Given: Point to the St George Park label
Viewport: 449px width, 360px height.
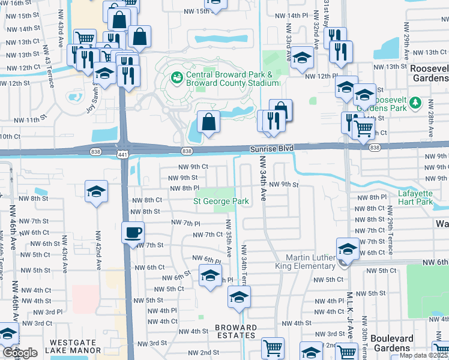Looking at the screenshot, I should coord(220,201).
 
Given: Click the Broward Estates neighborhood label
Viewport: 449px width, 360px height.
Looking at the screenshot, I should coord(236,332).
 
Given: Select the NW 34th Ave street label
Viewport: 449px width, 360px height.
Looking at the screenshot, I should coord(262,178).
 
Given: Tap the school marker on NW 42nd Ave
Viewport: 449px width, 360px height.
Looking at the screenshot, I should coord(96,192).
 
